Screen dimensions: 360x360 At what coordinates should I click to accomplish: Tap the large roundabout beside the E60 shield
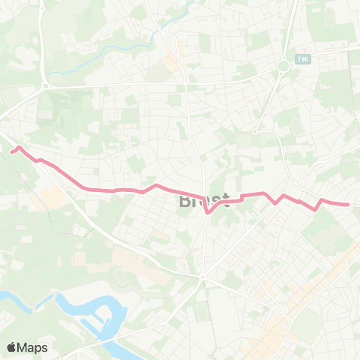(283, 66)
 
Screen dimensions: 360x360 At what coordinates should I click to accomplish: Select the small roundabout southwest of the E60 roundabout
(255, 131)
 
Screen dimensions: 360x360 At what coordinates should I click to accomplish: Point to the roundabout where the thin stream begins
(45, 85)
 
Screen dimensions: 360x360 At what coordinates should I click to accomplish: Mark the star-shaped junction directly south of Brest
(202, 277)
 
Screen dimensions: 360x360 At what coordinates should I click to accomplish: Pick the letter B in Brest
(185, 201)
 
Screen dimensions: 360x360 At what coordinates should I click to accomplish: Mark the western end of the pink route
(11, 151)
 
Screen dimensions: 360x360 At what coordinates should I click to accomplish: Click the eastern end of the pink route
(348, 204)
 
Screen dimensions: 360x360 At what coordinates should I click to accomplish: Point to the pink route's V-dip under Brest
(207, 212)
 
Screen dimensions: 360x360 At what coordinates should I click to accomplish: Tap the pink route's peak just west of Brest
(155, 184)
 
